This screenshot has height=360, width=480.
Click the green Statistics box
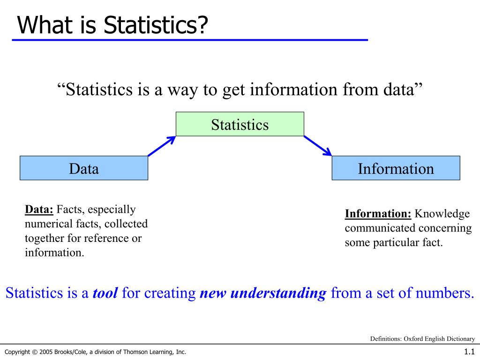point(240,124)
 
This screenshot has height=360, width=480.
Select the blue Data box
point(84,168)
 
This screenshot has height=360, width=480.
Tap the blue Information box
point(396,168)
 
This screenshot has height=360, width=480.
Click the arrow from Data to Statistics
point(162,146)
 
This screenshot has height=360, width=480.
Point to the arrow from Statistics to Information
point(318,146)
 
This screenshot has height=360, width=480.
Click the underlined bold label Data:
point(39,210)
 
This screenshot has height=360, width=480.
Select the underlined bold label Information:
point(378,214)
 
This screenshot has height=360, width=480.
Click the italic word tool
point(105,293)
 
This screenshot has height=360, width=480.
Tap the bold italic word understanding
point(278,293)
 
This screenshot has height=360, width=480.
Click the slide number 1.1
point(469,352)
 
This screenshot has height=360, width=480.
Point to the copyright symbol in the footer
point(35,352)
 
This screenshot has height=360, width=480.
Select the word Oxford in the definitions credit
point(412,339)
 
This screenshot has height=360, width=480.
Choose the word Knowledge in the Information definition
point(442,214)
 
